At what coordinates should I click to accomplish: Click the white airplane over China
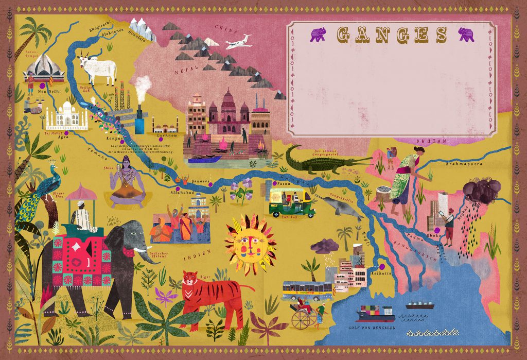tap(238, 42)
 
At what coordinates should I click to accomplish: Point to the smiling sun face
tap(249, 245)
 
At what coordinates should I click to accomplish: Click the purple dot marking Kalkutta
tap(382, 266)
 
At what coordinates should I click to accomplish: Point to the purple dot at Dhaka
tap(436, 231)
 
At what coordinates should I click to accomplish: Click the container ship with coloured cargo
tap(373, 313)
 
